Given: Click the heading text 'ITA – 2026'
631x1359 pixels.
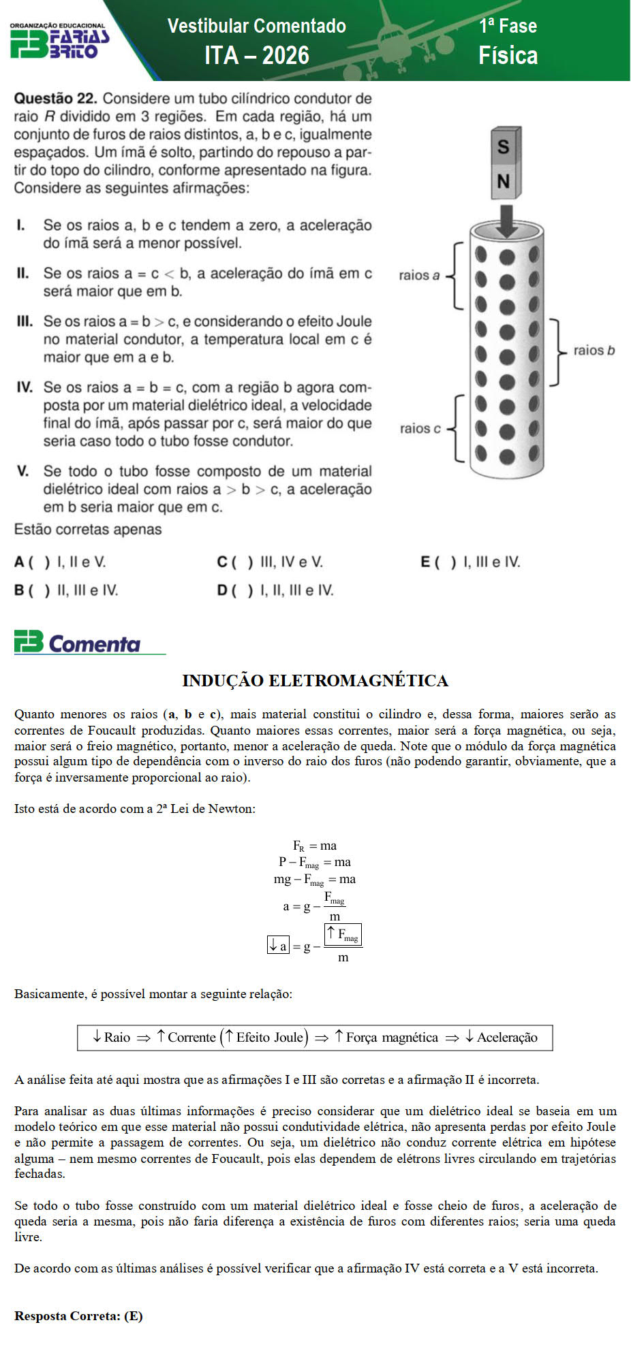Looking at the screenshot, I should point(257,55).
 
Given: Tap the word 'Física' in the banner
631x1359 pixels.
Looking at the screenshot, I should point(508,55).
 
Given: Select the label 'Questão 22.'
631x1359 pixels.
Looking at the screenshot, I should point(55,99).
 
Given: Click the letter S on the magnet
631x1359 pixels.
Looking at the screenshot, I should point(504,146).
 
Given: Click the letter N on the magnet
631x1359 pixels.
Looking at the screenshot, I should point(504,181).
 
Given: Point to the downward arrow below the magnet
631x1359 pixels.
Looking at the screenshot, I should point(506,219).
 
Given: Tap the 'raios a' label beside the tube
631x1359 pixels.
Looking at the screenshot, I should point(419,275).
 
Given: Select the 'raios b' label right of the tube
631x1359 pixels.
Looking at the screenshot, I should point(594,351).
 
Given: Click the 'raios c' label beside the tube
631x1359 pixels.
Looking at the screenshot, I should point(420,428).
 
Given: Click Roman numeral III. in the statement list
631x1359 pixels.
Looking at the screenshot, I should point(25,321).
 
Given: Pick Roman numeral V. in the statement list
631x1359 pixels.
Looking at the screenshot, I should point(23,471).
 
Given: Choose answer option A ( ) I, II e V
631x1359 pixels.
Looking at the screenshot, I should point(60,562).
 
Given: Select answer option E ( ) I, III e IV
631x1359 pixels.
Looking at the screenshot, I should point(470,562).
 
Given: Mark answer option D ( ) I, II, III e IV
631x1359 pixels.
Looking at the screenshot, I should point(275,590).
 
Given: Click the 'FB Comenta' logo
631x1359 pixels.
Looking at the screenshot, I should point(78,643).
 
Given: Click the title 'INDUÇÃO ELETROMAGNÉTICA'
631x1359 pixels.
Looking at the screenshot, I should point(315,681).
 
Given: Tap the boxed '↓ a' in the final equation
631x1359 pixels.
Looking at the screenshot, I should point(278,945).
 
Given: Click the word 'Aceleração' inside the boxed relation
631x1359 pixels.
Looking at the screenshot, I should point(507,1038).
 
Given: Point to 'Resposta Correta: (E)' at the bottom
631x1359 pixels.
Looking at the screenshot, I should point(78,1315).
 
